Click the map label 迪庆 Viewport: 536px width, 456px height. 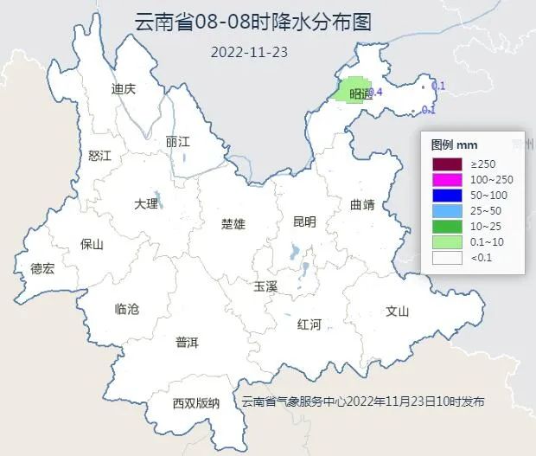click(124, 89)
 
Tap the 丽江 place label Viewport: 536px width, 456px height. click(177, 142)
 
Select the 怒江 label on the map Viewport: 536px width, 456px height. click(100, 156)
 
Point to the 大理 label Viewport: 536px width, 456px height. click(146, 204)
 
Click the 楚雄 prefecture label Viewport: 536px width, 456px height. click(233, 224)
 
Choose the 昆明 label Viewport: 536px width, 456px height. click(304, 222)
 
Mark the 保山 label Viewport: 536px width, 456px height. click(92, 244)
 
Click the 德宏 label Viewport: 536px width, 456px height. click(41, 269)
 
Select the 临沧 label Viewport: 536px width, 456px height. click(126, 309)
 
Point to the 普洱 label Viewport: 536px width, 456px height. click(187, 343)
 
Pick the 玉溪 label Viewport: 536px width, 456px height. click(265, 286)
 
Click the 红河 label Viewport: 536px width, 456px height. click(309, 324)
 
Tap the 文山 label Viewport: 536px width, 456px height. click(397, 311)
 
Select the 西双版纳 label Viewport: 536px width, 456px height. click(195, 403)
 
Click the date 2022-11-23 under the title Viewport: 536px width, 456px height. click(249, 51)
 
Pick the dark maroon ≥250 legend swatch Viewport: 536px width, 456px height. click(449, 164)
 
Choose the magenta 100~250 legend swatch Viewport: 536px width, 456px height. click(449, 179)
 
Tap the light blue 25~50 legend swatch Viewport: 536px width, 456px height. click(449, 210)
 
